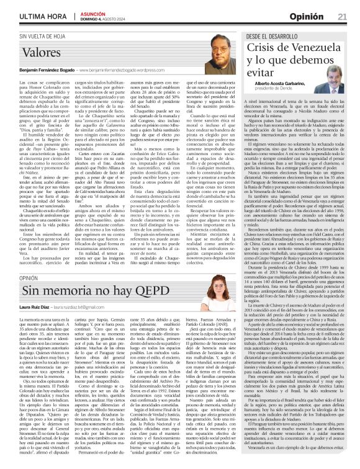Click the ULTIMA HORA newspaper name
(30, 16)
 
